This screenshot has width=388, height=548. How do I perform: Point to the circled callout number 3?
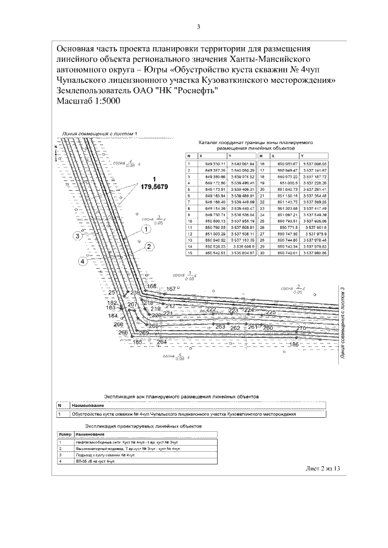click(x=77, y=237)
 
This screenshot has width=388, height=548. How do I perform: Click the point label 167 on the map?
click(x=172, y=289)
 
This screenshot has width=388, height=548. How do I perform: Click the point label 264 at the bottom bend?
click(x=161, y=343)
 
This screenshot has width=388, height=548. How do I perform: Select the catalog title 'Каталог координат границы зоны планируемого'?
click(x=255, y=142)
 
